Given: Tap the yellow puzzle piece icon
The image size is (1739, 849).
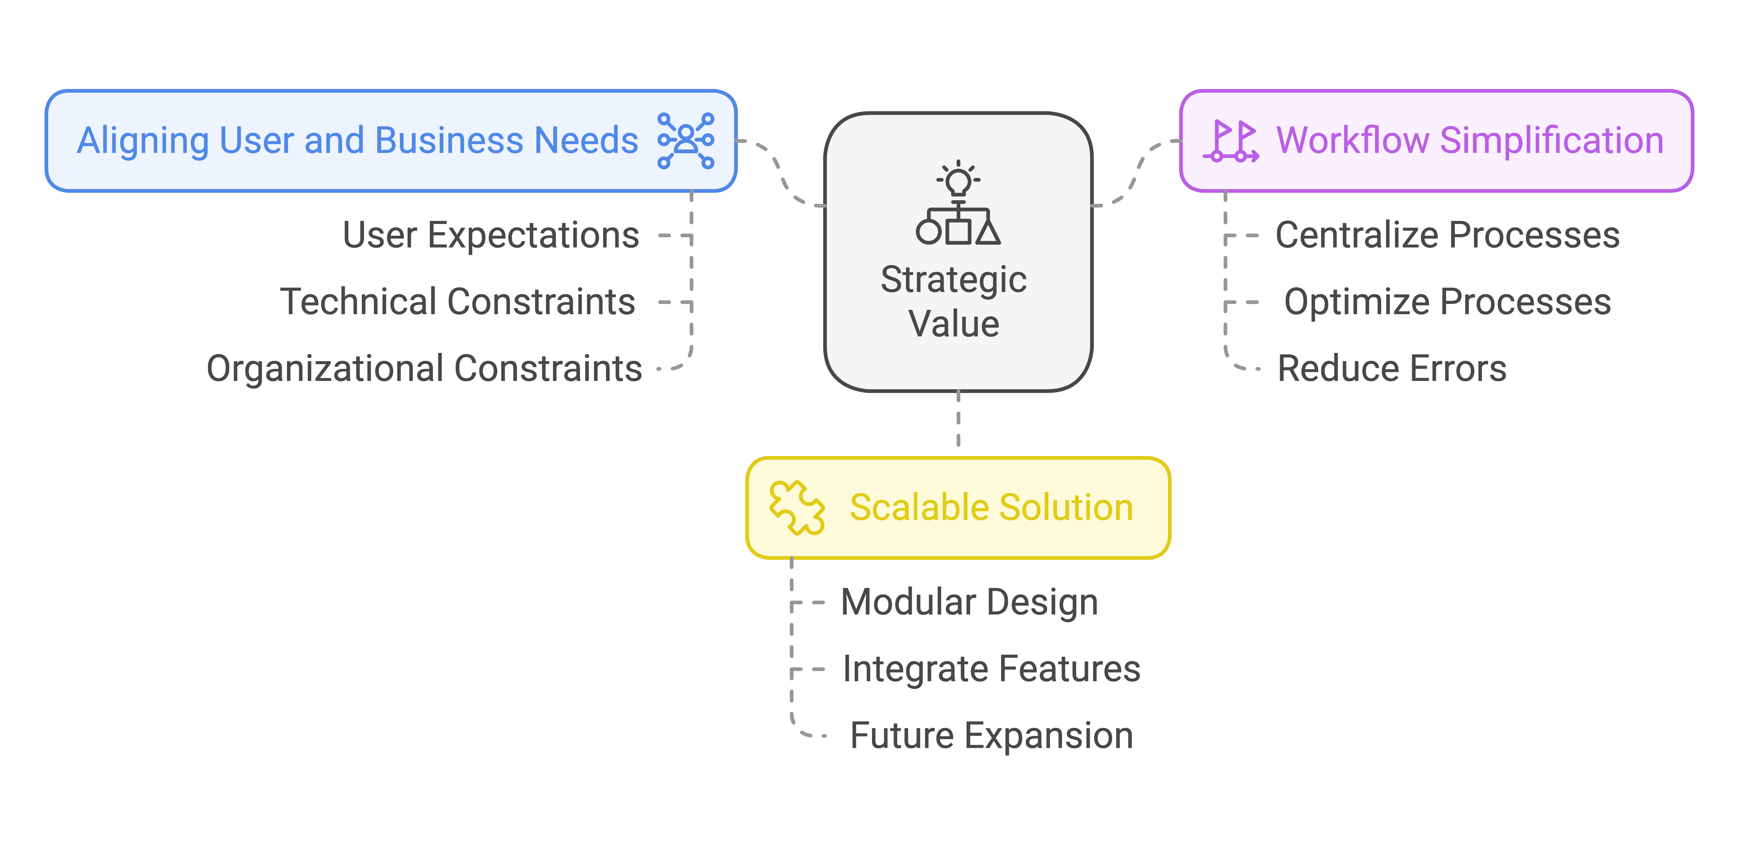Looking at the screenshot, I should (797, 508).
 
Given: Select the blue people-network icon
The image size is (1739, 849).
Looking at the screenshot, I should (686, 140).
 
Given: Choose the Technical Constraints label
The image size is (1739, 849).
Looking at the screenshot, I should (458, 302).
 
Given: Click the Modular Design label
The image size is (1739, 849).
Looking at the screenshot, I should (969, 602).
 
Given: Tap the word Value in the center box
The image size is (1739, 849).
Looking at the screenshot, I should (953, 324).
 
